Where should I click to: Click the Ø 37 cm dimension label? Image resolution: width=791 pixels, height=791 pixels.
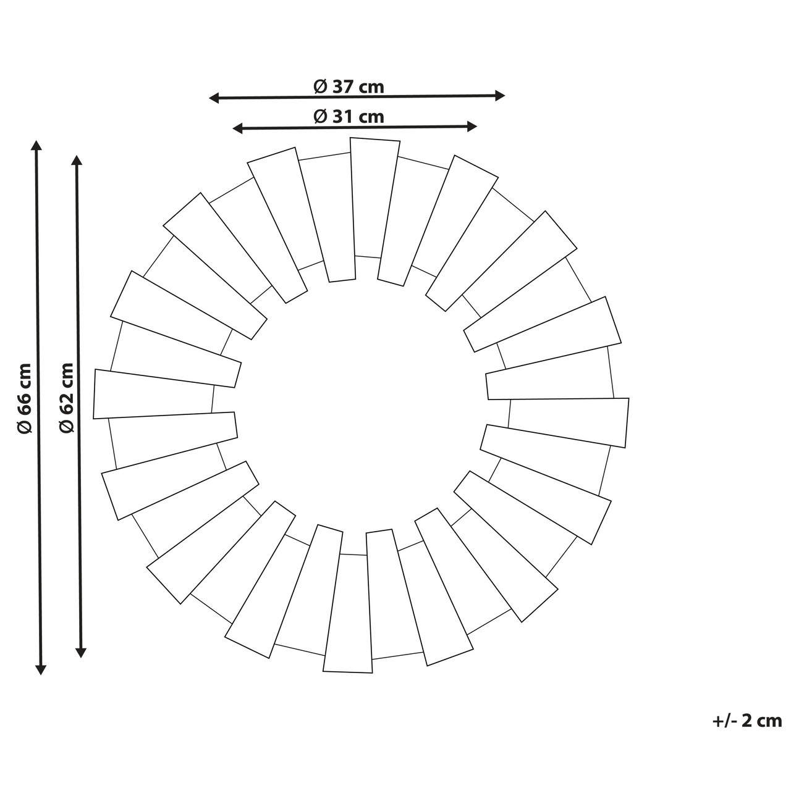[349, 86]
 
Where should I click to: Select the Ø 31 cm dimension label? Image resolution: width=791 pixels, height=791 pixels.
[349, 117]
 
